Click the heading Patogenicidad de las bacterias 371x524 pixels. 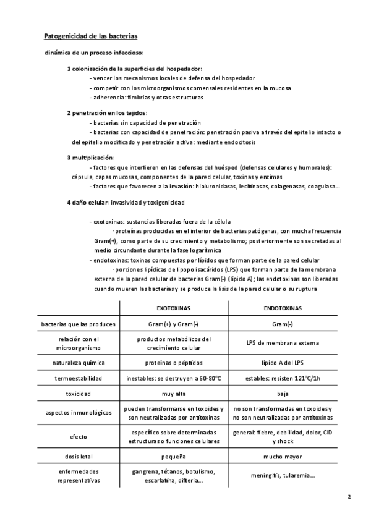[90, 36]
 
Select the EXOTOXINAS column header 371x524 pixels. [174, 307]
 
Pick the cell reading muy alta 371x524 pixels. [174, 392]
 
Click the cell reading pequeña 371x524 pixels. [174, 457]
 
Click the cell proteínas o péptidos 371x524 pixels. [174, 361]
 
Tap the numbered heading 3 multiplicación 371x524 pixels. [90, 158]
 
